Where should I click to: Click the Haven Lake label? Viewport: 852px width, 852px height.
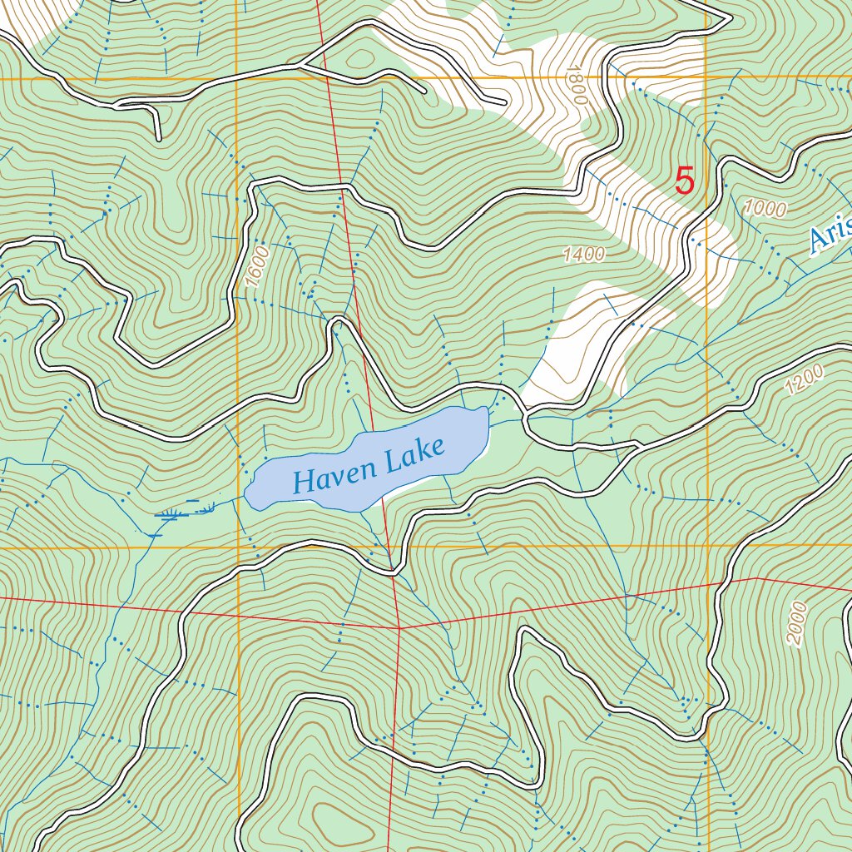[369, 468]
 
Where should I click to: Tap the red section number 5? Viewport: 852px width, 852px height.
[684, 181]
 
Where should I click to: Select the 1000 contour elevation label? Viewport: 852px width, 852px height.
[765, 209]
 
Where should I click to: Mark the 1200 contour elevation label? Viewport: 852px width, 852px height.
[804, 379]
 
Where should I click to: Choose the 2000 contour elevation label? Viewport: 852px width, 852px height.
[795, 624]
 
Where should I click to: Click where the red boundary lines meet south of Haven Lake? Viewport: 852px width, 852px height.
[399, 628]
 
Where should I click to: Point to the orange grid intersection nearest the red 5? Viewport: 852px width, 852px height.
[706, 78]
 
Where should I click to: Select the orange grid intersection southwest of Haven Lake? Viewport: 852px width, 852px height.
[239, 547]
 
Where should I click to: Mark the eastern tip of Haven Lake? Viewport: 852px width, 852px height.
[488, 411]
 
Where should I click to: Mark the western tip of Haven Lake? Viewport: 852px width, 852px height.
[246, 498]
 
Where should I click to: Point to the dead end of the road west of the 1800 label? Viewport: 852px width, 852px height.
[504, 103]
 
